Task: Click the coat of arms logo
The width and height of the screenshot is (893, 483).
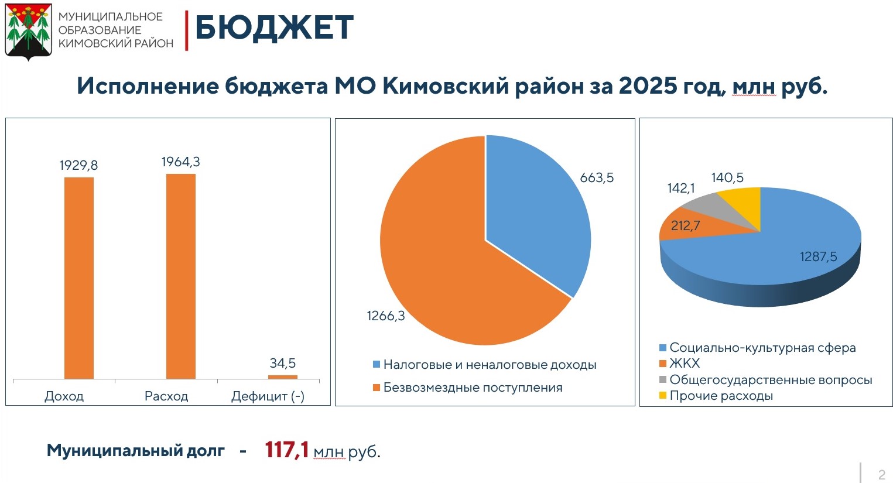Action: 28,32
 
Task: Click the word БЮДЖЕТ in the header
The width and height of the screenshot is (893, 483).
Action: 273,28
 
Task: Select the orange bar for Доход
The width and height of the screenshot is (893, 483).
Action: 79,278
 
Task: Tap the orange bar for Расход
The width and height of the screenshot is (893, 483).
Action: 181,276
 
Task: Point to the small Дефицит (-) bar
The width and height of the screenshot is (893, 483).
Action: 283,377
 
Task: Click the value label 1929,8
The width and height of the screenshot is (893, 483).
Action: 78,166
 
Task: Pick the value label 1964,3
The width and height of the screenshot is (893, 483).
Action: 180,162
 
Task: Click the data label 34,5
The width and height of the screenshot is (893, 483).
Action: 282,364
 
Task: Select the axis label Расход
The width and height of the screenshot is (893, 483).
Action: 166,396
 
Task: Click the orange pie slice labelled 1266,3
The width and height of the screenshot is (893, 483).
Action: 445,263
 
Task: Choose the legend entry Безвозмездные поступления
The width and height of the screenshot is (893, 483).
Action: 472,388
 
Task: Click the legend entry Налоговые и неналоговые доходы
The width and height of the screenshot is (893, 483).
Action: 490,365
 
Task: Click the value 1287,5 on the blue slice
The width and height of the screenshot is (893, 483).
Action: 818,256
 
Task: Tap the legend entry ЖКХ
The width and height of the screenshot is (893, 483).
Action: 684,364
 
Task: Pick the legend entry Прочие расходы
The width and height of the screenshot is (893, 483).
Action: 720,396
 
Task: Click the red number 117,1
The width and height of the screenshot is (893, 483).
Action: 286,450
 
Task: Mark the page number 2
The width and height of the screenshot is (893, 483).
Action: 881,474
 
